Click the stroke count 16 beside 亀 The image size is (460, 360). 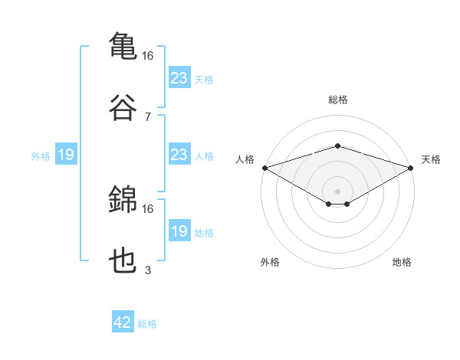coord(148,56)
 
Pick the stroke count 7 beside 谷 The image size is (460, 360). coord(148,116)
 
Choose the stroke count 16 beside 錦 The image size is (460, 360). coord(148,208)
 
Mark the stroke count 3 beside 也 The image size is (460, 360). coord(148,270)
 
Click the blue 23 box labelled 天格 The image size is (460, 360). coord(179,78)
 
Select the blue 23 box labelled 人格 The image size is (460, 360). coord(179,155)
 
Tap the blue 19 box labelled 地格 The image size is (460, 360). coord(179,232)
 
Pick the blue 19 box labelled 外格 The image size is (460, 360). coord(65,155)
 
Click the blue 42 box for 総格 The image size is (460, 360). coord(123,323)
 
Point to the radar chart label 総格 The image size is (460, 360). coord(338,100)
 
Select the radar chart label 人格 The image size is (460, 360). coord(245,159)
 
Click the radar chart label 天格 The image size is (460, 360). coord(432,159)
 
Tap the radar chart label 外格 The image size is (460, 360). coord(270,262)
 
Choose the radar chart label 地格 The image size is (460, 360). coord(402,262)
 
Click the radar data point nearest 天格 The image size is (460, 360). coord(412,168)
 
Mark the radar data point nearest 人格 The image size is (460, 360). coord(264,168)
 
